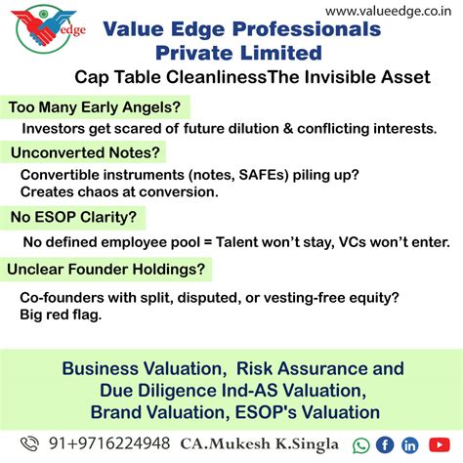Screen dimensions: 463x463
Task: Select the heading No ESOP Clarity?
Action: click(x=73, y=216)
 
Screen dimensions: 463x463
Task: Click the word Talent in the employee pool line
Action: click(x=258, y=240)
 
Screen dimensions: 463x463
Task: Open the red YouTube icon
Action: click(x=435, y=444)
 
